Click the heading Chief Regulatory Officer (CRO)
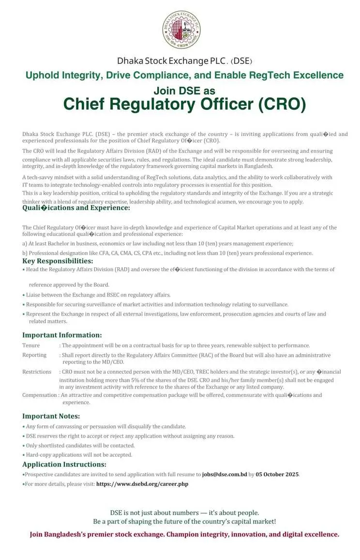point(184,104)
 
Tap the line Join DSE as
point(184,91)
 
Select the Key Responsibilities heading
point(58,261)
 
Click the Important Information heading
point(62,335)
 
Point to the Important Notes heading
point(51,416)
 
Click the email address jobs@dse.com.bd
point(225,474)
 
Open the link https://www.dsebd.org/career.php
point(142,484)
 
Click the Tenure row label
point(31,346)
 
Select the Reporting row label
point(34,355)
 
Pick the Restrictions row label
point(37,372)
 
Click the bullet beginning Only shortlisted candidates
point(80,445)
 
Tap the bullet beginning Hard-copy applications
point(79,455)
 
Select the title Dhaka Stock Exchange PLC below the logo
point(172,61)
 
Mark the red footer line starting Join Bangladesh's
point(184,534)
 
